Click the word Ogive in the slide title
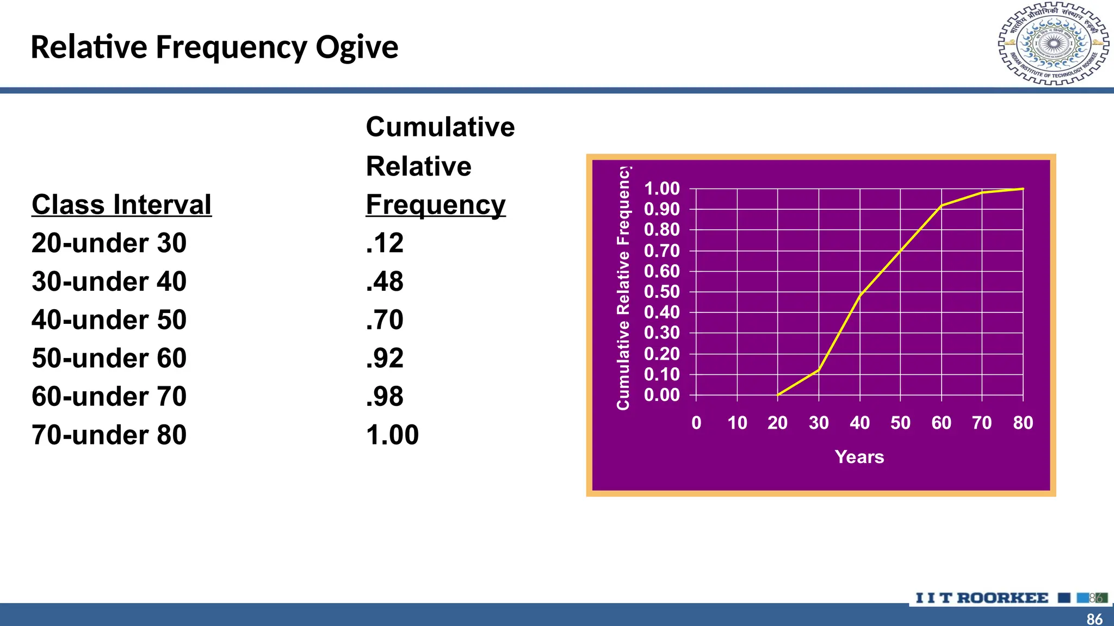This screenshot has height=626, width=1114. [x=357, y=48]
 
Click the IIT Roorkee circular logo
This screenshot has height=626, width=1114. [x=1053, y=43]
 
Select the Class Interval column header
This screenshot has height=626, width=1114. [x=121, y=205]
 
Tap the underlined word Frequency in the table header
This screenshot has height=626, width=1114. [x=435, y=205]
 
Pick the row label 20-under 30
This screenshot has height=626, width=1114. [x=109, y=243]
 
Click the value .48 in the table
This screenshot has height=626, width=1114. [x=385, y=281]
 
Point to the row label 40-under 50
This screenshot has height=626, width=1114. [x=109, y=320]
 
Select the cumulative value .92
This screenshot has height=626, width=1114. [x=385, y=358]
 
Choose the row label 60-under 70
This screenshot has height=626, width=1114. [x=109, y=397]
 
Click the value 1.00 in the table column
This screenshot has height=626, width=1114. [x=392, y=435]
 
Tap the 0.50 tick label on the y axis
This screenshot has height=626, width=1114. [x=662, y=292]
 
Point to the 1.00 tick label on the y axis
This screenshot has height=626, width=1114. [x=662, y=189]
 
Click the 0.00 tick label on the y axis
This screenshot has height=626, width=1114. [x=662, y=395]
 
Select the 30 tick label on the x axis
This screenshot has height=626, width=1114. [x=819, y=423]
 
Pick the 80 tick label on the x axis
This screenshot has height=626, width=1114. [x=1023, y=423]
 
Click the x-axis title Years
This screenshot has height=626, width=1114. [x=859, y=457]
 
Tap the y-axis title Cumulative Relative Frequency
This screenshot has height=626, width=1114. [x=623, y=288]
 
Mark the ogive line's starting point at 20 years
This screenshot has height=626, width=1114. [x=778, y=395]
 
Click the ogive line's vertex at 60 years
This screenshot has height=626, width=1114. [x=942, y=206]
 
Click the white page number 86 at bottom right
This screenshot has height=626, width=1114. [x=1094, y=619]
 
